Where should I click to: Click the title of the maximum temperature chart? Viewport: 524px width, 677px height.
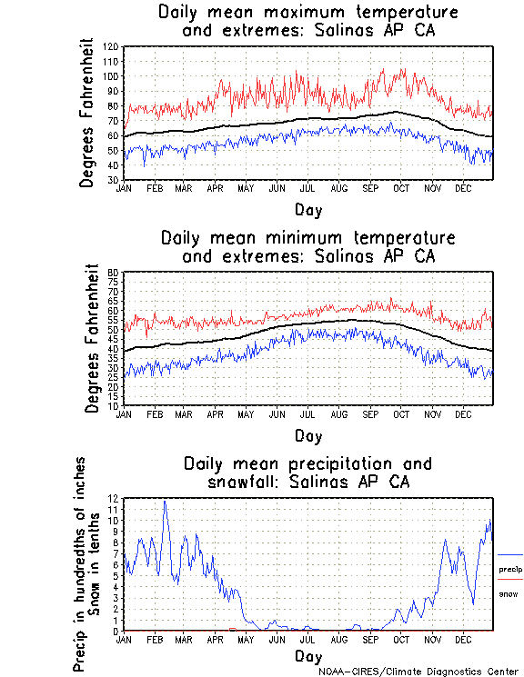coord(307,22)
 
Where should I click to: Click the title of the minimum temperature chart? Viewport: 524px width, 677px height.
coord(307,247)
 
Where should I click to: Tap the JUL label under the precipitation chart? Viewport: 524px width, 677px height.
coord(307,639)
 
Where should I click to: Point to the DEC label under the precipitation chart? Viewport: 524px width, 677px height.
coord(464,639)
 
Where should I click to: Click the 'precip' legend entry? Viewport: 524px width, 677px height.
coord(510,570)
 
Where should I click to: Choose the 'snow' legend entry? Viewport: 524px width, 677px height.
coord(509,593)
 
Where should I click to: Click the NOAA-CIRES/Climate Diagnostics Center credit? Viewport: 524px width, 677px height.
coord(419,671)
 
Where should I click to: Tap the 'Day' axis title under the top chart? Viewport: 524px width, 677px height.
coord(307,210)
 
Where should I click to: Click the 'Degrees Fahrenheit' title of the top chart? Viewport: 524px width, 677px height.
coord(87,113)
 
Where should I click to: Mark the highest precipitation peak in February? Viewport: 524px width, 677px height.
coord(165,501)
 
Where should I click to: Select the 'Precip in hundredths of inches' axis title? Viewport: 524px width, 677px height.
coord(80,563)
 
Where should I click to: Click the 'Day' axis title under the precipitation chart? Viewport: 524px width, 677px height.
coord(307,656)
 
